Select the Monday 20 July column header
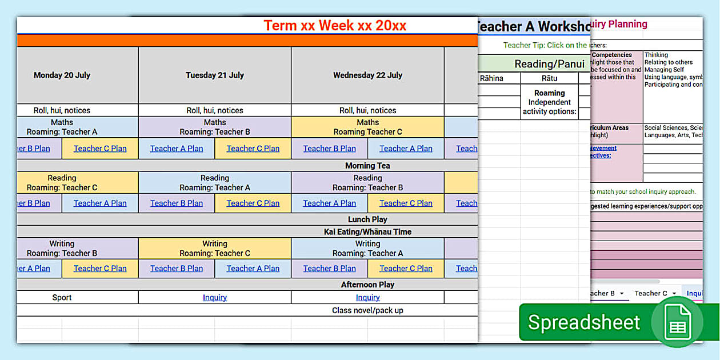(62, 75)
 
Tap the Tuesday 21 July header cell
(214, 75)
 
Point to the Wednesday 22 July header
(367, 75)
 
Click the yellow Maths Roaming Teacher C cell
(367, 127)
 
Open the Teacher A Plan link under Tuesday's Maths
(177, 149)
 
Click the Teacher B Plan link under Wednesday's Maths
(329, 149)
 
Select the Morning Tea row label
(367, 166)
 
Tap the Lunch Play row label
(367, 219)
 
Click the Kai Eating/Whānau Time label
(367, 232)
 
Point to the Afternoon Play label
(367, 285)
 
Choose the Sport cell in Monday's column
(62, 297)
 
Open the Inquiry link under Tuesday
(215, 297)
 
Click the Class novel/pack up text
(367, 310)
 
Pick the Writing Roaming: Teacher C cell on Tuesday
(215, 249)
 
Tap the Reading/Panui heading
(549, 63)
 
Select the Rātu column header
(549, 78)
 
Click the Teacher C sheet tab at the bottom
(651, 293)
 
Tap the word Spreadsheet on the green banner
(583, 322)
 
